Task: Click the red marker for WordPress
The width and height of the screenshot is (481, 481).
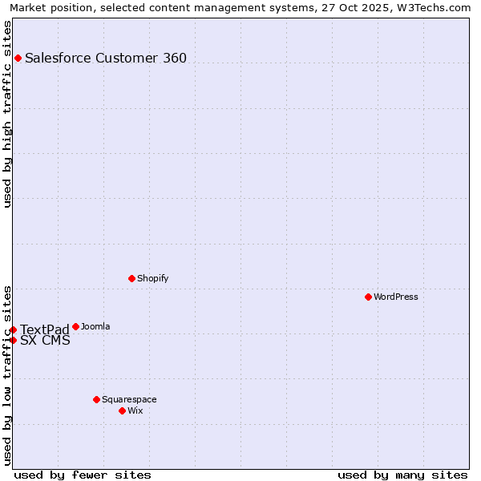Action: [368, 297]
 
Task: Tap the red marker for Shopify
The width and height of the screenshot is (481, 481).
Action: [131, 278]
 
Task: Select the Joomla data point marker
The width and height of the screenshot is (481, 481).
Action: [75, 326]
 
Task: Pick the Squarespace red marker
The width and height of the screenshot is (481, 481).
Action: [96, 399]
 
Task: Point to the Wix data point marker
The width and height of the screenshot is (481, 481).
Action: [122, 410]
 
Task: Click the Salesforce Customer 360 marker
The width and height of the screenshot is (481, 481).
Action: [18, 58]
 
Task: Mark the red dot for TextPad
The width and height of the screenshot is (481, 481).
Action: [13, 329]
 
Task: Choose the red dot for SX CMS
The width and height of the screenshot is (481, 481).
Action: [13, 340]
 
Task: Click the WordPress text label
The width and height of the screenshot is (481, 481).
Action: [396, 297]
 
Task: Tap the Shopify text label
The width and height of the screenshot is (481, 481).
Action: [152, 278]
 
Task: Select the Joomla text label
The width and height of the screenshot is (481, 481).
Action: [95, 326]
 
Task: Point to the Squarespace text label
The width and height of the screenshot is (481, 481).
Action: [129, 399]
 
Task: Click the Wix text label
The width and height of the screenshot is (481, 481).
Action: [135, 410]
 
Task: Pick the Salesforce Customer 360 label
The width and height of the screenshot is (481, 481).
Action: [106, 58]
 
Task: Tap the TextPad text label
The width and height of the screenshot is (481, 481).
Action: [45, 330]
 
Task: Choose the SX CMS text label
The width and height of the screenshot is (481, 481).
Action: [45, 341]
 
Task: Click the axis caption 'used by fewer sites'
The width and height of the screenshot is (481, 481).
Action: [83, 475]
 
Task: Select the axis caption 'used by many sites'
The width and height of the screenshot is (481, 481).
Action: [402, 475]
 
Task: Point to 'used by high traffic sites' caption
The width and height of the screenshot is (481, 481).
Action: [8, 114]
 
